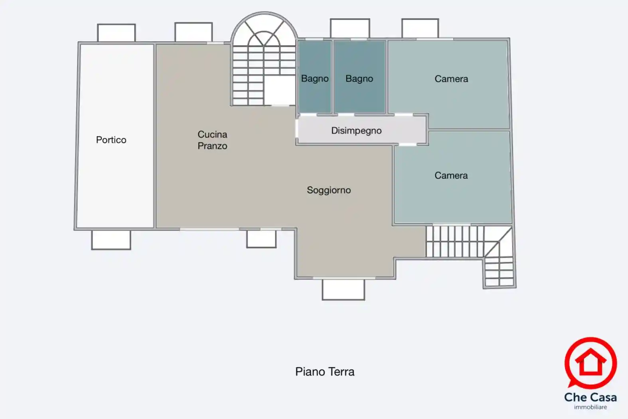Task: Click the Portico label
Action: pyautogui.click(x=111, y=140)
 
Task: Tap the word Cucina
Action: pyautogui.click(x=212, y=134)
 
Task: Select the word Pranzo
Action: pyautogui.click(x=212, y=146)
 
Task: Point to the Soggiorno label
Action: pyautogui.click(x=329, y=190)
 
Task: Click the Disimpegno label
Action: pyautogui.click(x=356, y=130)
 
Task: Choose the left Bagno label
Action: pyautogui.click(x=315, y=79)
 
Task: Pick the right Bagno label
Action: pyautogui.click(x=359, y=79)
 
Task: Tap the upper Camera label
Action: pyautogui.click(x=451, y=79)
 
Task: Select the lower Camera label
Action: pyautogui.click(x=451, y=176)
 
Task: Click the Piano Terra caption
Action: pyautogui.click(x=325, y=372)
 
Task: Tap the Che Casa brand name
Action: pyautogui.click(x=590, y=397)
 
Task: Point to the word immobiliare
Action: pyautogui.click(x=590, y=407)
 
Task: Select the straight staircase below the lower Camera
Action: pyautogui.click(x=455, y=241)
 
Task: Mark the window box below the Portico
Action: pyautogui.click(x=111, y=240)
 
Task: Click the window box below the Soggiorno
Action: pyautogui.click(x=343, y=289)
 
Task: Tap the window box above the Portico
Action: pyautogui.click(x=116, y=33)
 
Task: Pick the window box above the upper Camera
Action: pyautogui.click(x=420, y=28)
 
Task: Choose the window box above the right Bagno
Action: pyautogui.click(x=350, y=28)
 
